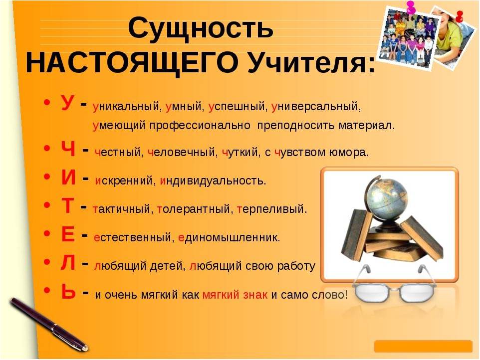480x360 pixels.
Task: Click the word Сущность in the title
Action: [201, 29]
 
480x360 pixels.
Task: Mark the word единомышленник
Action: [229, 237]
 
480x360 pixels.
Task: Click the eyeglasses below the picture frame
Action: [394, 292]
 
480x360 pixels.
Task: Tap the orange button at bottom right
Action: [423, 347]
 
